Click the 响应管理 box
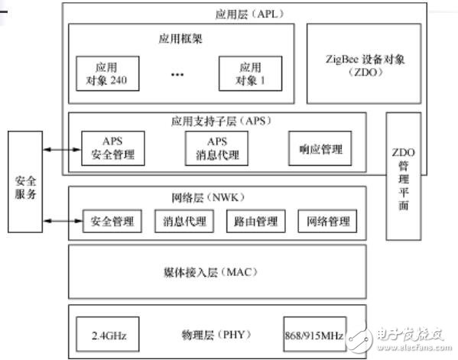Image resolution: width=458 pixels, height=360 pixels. point(320,148)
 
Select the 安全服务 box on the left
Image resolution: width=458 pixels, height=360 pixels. point(24,182)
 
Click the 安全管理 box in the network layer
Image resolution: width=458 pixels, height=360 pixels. point(112,222)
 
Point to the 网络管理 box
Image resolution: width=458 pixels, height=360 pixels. point(327,222)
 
